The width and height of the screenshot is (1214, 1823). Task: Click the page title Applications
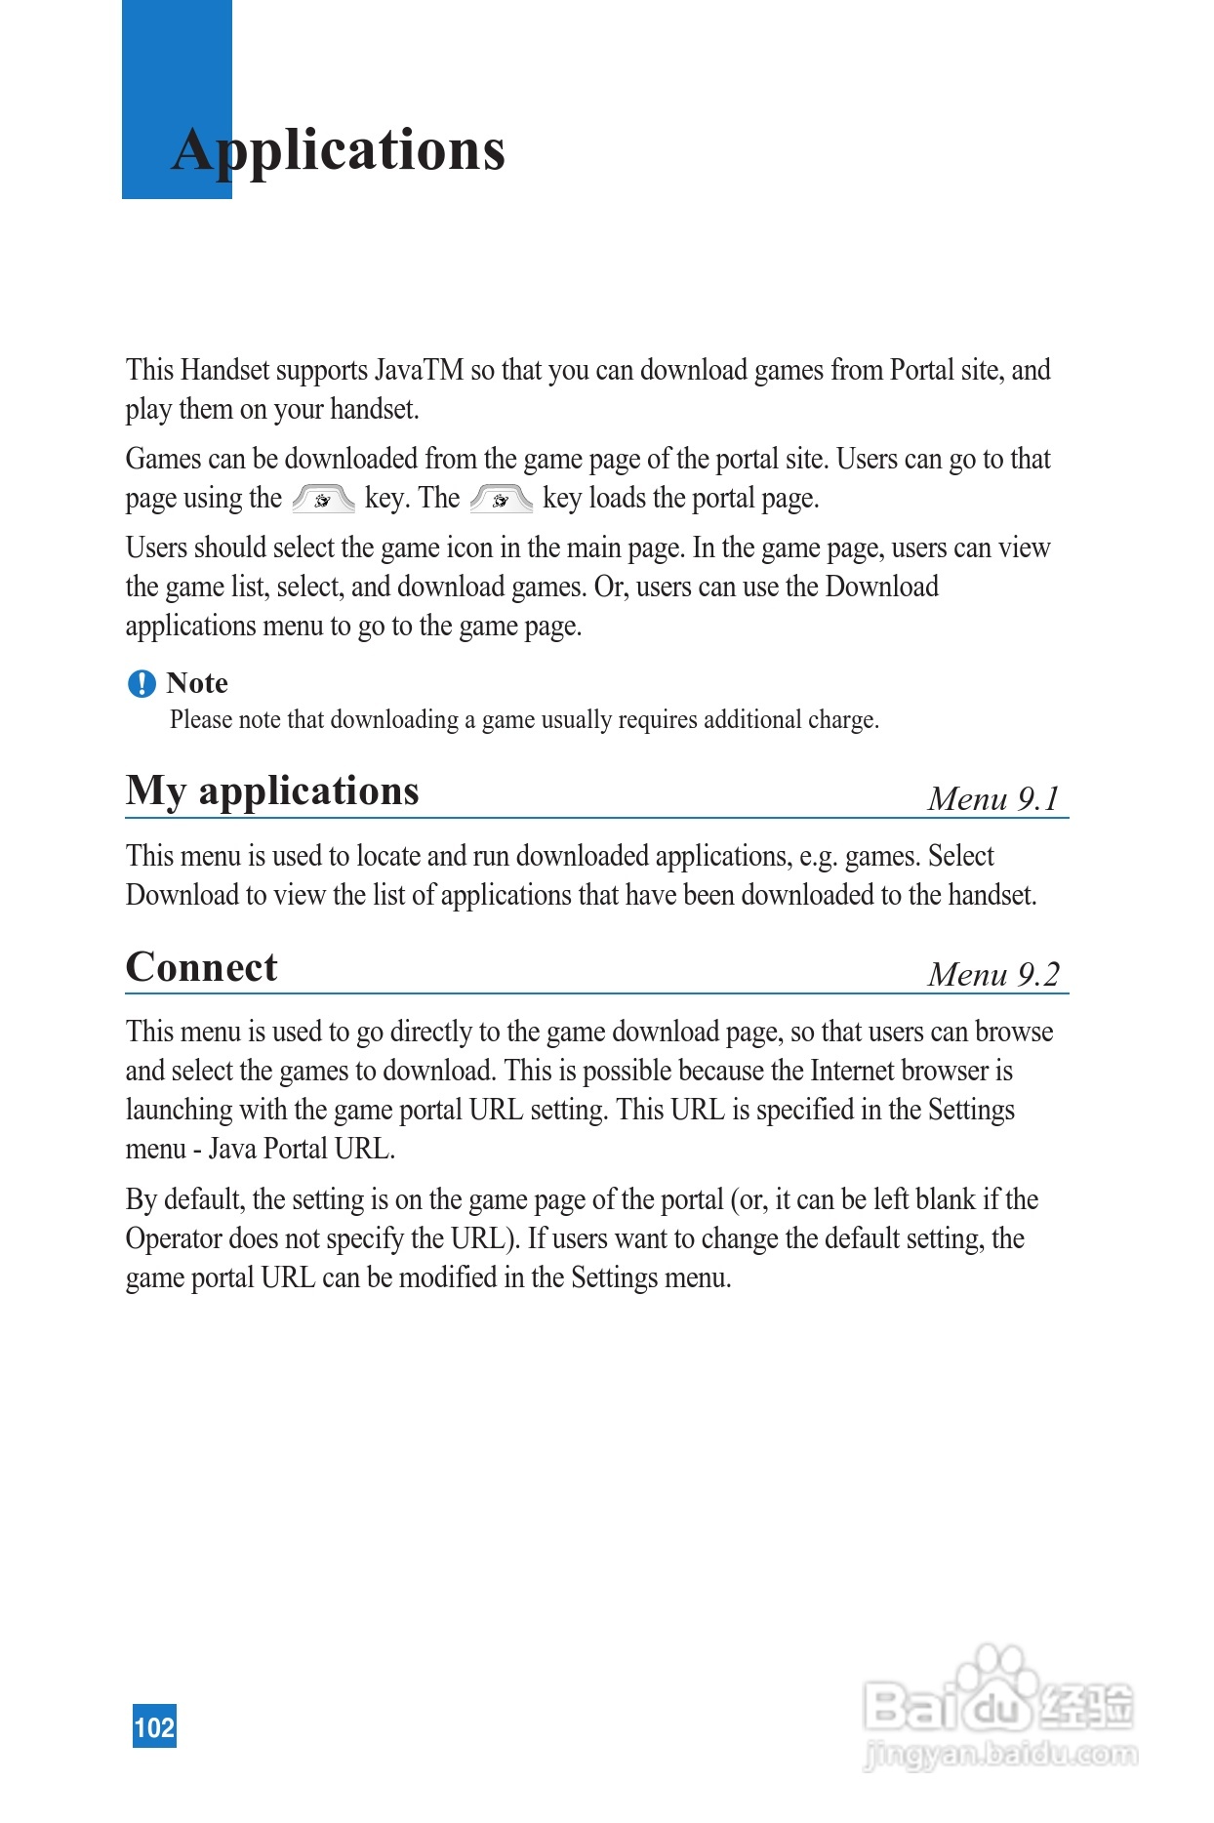coord(338,151)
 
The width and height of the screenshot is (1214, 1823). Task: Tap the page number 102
coord(154,1726)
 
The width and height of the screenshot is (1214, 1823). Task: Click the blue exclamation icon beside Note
coord(142,683)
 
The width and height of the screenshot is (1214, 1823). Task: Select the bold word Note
coord(197,683)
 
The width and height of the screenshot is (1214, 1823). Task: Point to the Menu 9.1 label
coord(992,798)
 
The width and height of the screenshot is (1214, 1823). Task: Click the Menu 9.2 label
coord(992,974)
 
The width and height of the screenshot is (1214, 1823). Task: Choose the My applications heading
coord(272,791)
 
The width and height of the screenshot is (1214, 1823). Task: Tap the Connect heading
coord(202,967)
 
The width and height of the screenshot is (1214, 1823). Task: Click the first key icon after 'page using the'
coord(323,499)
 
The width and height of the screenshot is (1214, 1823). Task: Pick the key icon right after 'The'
coord(501,499)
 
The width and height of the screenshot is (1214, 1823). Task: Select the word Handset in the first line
coord(225,371)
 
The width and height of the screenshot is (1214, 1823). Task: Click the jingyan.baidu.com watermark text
coord(1001,1754)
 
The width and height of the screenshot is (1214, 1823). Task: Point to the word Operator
coord(174,1238)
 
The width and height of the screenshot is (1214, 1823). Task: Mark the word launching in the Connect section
coord(179,1110)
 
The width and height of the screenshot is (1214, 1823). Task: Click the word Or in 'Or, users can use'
coord(609,587)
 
